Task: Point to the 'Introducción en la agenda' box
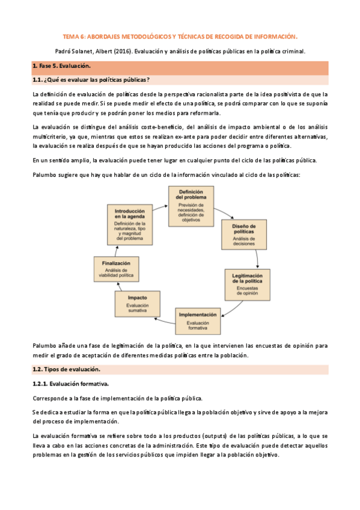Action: pyautogui.click(x=129, y=224)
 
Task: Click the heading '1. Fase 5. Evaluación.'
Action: pyautogui.click(x=61, y=66)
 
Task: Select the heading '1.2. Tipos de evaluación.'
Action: pyautogui.click(x=66, y=369)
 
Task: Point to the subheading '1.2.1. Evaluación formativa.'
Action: pyautogui.click(x=70, y=384)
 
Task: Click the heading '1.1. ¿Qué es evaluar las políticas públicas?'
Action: pyautogui.click(x=91, y=79)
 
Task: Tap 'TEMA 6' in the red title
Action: pyautogui.click(x=75, y=35)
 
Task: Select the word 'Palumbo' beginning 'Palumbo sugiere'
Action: pyautogui.click(x=44, y=174)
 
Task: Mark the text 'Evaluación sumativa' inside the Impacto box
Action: pyautogui.click(x=138, y=309)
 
